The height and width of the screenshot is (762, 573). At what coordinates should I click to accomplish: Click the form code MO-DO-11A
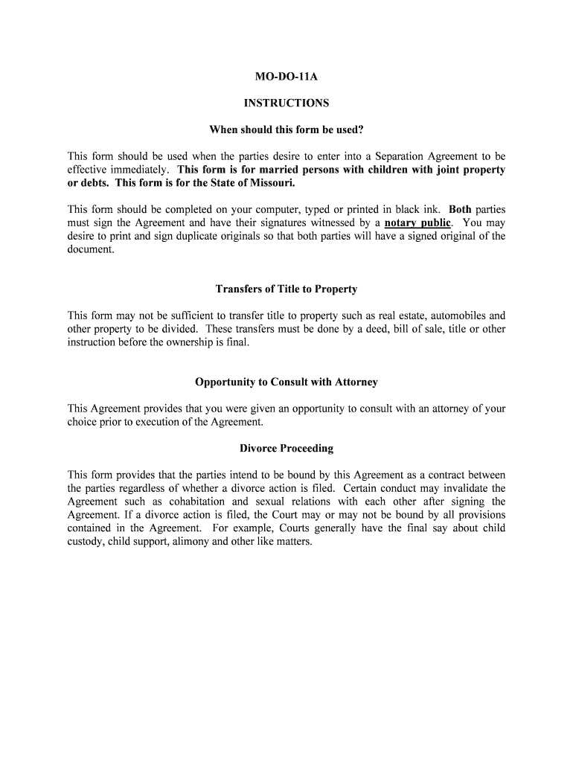click(x=286, y=76)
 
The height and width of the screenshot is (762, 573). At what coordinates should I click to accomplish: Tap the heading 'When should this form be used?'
click(x=286, y=130)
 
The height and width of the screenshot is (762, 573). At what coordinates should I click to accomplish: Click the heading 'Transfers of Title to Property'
click(x=286, y=289)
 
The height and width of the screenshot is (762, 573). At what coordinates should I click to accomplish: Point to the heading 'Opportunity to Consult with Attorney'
click(x=286, y=382)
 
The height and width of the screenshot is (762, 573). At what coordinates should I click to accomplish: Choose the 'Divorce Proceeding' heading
click(x=286, y=448)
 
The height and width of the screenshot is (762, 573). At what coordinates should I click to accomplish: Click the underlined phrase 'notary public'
click(x=417, y=222)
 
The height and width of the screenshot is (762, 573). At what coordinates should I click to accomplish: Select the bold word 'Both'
click(x=460, y=209)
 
